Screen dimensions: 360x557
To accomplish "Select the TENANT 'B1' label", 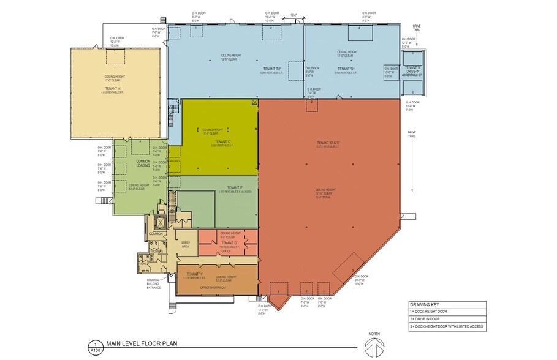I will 347,69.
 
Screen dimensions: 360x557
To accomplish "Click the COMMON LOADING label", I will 142,163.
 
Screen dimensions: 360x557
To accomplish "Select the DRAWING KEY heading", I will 423,305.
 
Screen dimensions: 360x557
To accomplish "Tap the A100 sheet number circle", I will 95,347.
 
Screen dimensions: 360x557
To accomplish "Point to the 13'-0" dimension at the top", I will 294,15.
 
